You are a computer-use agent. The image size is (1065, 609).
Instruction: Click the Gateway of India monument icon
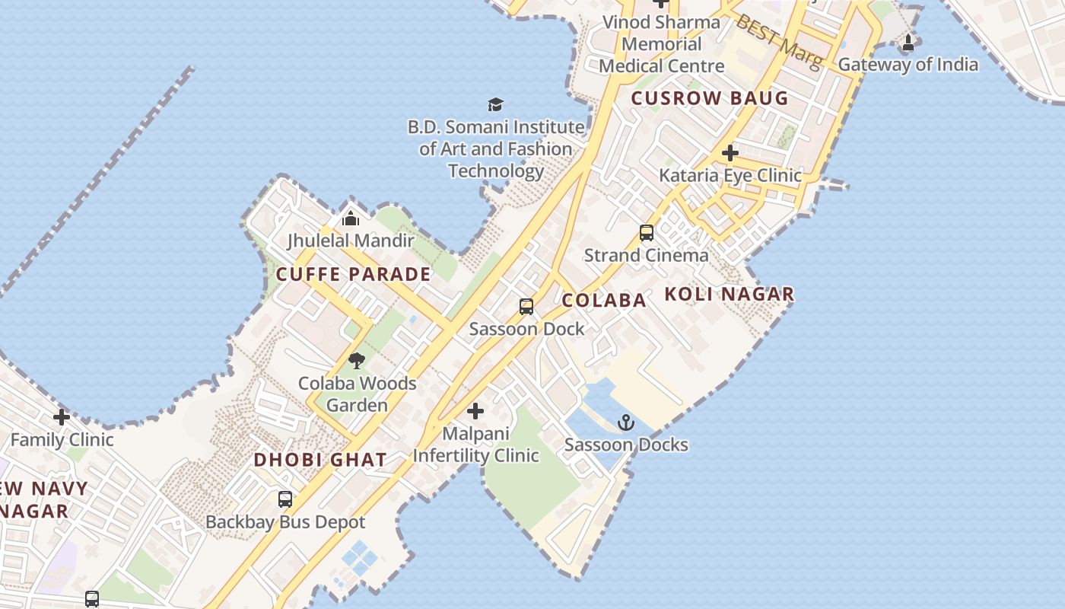click(908, 43)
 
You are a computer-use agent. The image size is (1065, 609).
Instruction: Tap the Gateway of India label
click(908, 65)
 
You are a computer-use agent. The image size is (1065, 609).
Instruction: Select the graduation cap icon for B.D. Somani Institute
click(495, 104)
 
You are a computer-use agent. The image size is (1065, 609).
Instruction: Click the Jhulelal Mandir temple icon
click(351, 218)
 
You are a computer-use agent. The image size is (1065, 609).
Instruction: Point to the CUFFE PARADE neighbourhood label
click(354, 275)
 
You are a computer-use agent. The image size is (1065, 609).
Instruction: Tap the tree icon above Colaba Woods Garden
click(356, 361)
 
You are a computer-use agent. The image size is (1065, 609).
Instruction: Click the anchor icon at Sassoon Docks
click(625, 422)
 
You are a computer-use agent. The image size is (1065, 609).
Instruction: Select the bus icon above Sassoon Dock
click(526, 307)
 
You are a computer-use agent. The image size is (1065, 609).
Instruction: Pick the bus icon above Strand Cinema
click(647, 233)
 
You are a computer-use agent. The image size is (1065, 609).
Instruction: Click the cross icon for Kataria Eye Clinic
click(730, 153)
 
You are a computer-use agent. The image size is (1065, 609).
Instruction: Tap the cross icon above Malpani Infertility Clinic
click(475, 412)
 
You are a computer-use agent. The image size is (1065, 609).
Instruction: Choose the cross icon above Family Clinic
click(62, 417)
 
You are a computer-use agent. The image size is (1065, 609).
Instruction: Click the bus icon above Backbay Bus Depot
click(285, 499)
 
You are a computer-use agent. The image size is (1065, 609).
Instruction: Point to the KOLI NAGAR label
click(730, 294)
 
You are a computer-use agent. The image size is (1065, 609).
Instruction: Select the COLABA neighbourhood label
click(604, 300)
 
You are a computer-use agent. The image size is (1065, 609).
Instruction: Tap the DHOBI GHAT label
click(320, 460)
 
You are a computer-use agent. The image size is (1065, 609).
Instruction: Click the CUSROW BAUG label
click(710, 98)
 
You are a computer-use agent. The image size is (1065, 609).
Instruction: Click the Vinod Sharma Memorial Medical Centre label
click(661, 43)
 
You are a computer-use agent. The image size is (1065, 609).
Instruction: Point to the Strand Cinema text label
click(646, 255)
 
